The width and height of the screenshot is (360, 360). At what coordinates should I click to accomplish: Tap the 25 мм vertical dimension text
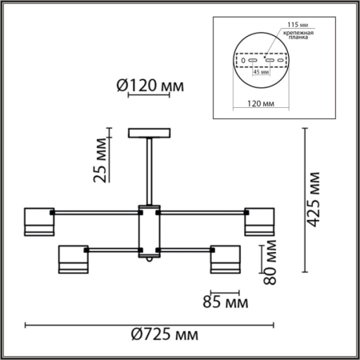pyautogui.click(x=101, y=163)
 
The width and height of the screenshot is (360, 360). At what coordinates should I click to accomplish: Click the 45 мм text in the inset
pyautogui.click(x=260, y=70)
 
